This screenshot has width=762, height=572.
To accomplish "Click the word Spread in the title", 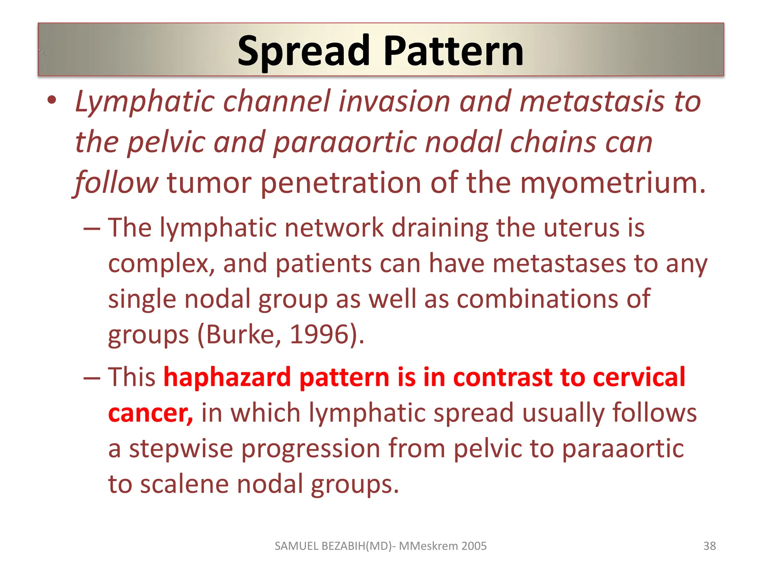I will (x=303, y=51).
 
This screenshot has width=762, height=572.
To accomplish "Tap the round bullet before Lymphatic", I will (x=52, y=100).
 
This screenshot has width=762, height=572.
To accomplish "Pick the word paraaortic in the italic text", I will (x=345, y=143).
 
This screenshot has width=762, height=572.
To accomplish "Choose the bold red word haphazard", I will (x=227, y=377).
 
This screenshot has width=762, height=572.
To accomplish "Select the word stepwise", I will (x=181, y=449).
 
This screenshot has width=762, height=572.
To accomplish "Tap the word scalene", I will (x=184, y=484).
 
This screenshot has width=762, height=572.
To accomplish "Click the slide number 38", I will (x=709, y=546).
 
